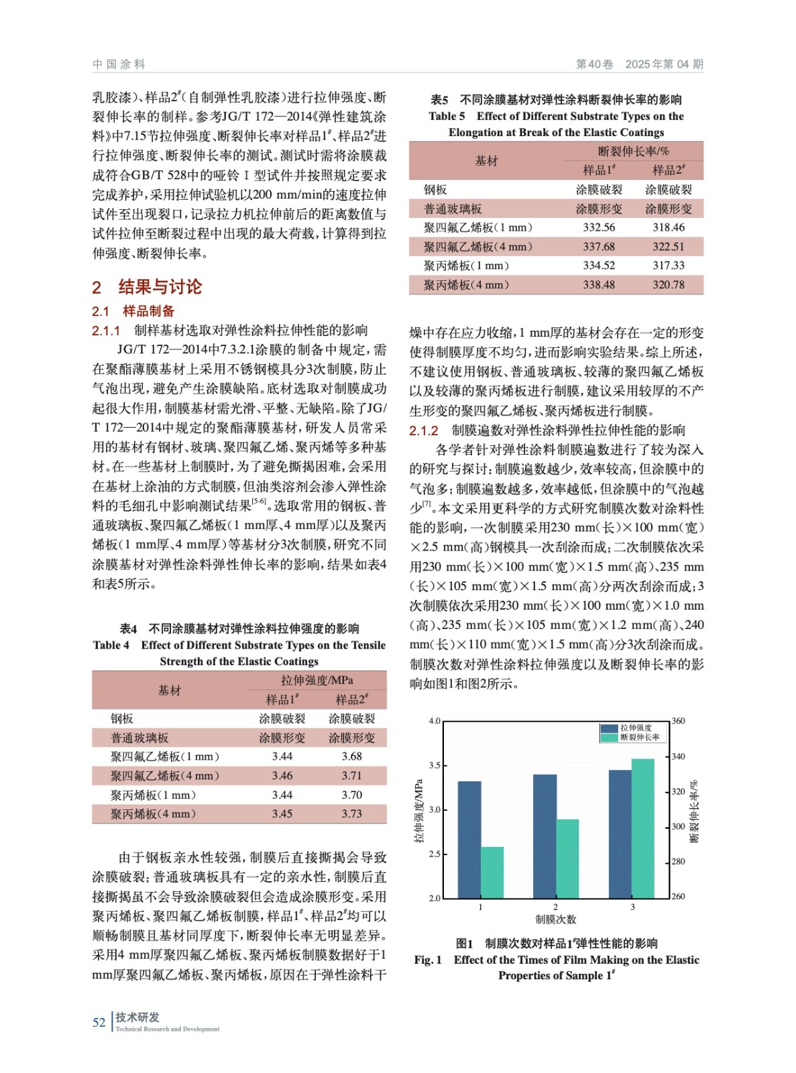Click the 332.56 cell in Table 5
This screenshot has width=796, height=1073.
click(598, 227)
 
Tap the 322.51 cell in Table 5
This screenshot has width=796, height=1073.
click(669, 246)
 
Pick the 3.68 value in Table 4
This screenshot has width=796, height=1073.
click(351, 756)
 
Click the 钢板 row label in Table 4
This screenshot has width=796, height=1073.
click(122, 718)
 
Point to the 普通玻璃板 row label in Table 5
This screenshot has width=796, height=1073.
click(453, 209)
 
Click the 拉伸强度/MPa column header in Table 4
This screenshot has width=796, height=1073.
click(317, 680)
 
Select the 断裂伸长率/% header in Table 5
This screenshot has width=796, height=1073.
click(633, 151)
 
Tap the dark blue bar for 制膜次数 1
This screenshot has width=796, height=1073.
click(469, 839)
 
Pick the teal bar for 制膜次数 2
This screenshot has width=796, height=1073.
click(567, 858)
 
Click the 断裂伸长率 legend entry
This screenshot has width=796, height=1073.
click(639, 737)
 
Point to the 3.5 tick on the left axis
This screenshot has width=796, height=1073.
click(435, 765)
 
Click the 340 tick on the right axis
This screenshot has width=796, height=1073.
click(678, 756)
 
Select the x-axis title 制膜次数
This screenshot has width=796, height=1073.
click(555, 919)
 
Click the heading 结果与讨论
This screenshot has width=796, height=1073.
click(160, 287)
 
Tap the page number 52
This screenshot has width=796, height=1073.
click(99, 1022)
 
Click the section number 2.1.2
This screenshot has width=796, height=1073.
click(423, 431)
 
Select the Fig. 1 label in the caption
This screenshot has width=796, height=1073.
click(427, 960)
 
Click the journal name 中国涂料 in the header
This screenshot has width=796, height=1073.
click(119, 64)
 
